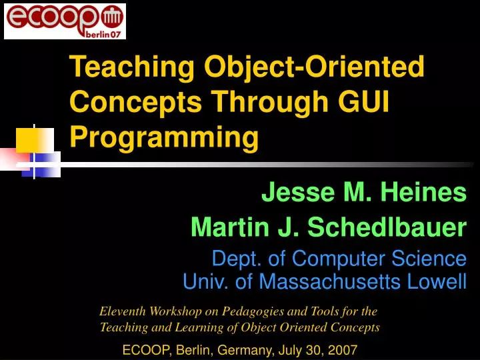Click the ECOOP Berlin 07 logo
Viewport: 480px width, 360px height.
pos(65,21)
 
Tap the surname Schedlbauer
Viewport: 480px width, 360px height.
pos(387,228)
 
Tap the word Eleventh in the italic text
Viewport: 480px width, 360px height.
pos(123,311)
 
